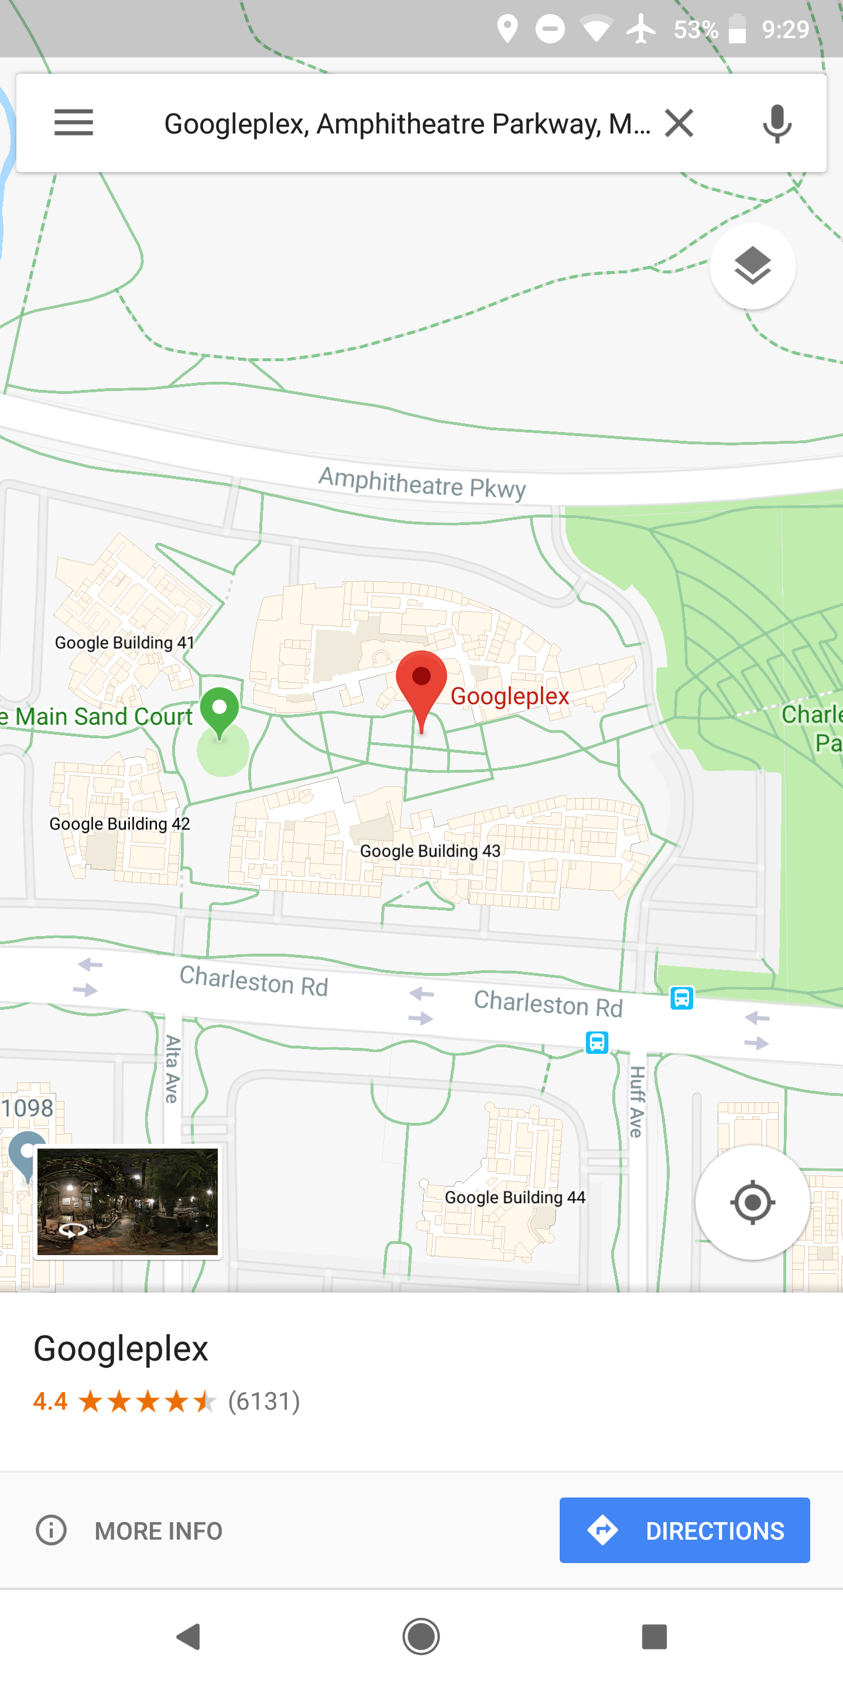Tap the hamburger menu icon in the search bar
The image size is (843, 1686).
(x=73, y=122)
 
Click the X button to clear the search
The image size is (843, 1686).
(x=678, y=123)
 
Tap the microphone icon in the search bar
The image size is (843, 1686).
(x=777, y=123)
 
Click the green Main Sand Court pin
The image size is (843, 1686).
(x=220, y=710)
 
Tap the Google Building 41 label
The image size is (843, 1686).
(x=124, y=643)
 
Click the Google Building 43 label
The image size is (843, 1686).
(x=430, y=851)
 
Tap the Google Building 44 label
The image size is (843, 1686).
(x=515, y=1197)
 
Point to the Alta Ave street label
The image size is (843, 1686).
(x=172, y=1069)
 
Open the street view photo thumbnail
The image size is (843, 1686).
(x=128, y=1202)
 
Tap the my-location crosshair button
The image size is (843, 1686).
(x=752, y=1202)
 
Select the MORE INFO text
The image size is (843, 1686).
(x=159, y=1531)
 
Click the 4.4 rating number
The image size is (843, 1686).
(x=50, y=1401)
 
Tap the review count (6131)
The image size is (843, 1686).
(x=264, y=1401)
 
